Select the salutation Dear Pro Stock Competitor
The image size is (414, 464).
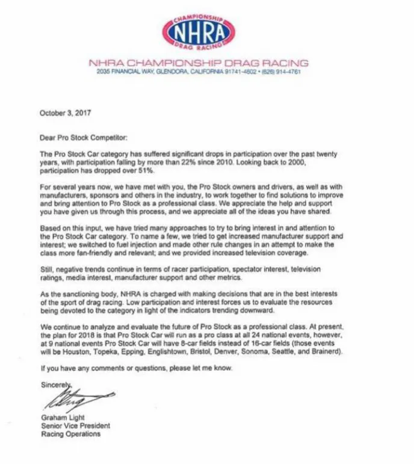point(84,138)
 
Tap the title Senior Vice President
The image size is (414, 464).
point(76,426)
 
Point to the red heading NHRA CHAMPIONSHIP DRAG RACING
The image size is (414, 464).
point(199,63)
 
